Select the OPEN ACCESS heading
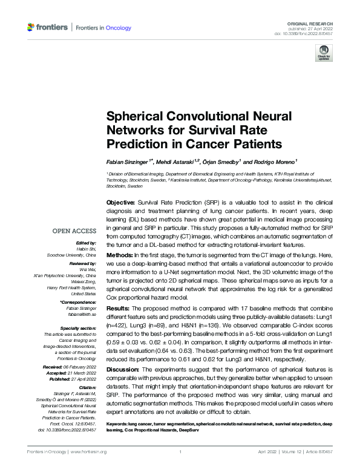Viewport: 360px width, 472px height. click(74, 231)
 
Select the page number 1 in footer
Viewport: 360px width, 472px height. click(180, 451)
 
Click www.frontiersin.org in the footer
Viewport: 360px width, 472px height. click(88, 451)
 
